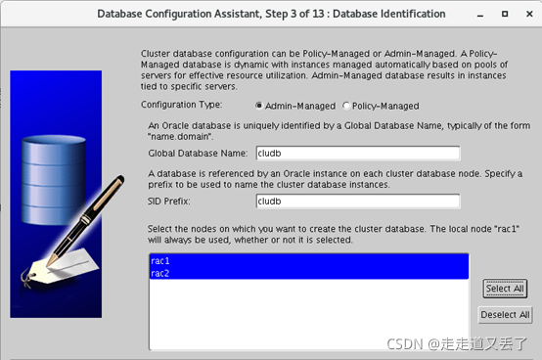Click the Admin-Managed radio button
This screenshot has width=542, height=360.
pos(259,106)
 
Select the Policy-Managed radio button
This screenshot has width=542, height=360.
pos(346,106)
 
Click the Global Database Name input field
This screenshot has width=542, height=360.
pos(358,153)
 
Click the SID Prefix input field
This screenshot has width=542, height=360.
pos(358,202)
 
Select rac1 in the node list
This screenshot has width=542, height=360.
pos(160,261)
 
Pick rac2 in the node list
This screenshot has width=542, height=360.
pos(160,273)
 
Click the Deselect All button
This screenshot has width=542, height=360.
pos(505,315)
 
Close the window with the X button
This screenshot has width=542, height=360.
pos(529,14)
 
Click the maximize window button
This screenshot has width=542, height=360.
pos(505,14)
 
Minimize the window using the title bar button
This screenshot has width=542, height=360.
pos(480,16)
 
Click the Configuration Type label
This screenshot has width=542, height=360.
pos(181,105)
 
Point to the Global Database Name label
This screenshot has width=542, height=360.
pos(198,153)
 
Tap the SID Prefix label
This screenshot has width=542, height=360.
pos(168,202)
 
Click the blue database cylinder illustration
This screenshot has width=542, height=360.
pos(54,180)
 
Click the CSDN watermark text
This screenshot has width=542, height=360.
pos(457,343)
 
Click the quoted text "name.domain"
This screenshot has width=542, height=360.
pos(180,137)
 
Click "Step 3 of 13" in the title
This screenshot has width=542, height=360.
pos(294,14)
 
